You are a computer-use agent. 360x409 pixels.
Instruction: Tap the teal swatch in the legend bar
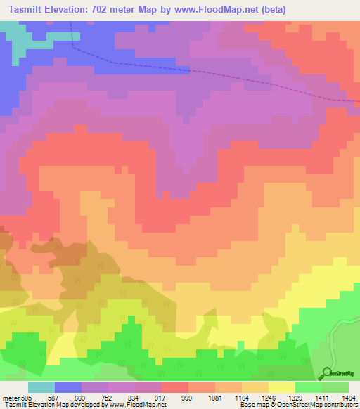click(41, 387)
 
